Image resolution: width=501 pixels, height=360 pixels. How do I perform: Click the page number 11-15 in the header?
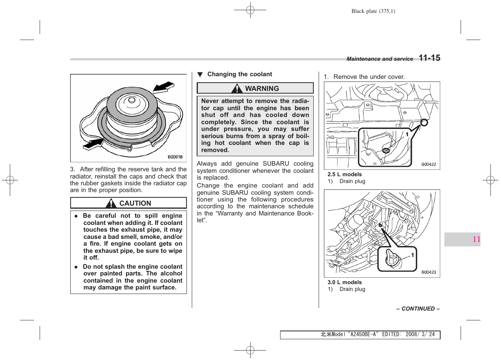[x=429, y=58]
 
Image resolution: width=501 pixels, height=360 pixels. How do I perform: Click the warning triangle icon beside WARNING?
[x=237, y=89]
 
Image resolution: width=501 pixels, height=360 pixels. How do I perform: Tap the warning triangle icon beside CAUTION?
[x=111, y=203]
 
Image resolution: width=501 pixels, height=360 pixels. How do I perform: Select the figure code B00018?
[x=175, y=157]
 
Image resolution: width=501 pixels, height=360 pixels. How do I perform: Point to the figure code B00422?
[x=429, y=165]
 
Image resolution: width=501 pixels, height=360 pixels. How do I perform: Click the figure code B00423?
[x=429, y=272]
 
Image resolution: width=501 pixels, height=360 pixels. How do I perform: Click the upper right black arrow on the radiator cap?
[x=163, y=87]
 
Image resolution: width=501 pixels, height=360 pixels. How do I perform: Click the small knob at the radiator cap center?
[x=131, y=100]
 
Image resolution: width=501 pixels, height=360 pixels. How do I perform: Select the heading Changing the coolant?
[x=239, y=74]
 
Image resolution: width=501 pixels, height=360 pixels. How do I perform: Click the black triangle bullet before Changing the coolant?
[x=200, y=75]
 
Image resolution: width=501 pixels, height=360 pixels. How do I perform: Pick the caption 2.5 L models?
[x=344, y=174]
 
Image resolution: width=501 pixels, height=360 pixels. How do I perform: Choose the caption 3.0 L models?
[x=344, y=282]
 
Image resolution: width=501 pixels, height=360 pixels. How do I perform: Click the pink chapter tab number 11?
[x=476, y=239]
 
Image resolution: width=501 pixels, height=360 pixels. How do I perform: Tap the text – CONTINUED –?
[x=418, y=309]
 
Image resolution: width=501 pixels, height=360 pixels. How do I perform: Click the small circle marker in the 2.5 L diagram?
[x=424, y=122]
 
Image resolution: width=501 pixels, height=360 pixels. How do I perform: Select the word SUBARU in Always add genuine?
[x=276, y=164]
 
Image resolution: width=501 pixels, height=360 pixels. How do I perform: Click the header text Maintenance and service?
[x=379, y=59]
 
